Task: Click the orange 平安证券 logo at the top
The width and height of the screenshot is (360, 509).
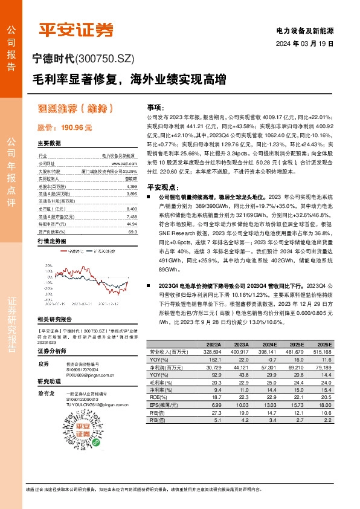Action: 76,29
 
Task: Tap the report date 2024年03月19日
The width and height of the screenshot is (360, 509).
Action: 304,45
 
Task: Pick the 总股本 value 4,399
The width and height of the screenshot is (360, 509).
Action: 131,187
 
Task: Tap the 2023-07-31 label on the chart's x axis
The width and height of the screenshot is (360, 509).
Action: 82,303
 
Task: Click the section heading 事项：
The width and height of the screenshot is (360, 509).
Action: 156,106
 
